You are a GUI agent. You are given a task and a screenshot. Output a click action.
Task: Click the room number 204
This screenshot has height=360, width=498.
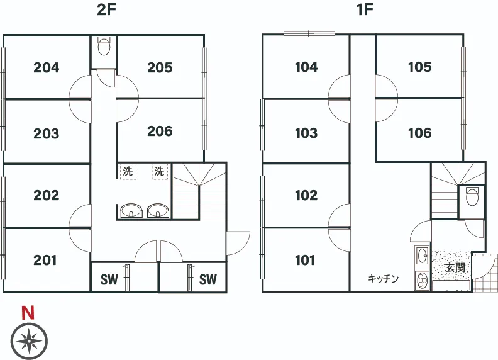[47, 67]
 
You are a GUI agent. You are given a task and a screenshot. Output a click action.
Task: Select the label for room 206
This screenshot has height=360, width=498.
[160, 131]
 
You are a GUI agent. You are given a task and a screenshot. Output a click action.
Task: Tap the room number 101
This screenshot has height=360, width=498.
[305, 260]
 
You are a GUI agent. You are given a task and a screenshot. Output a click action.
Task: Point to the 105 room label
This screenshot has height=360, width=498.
[419, 67]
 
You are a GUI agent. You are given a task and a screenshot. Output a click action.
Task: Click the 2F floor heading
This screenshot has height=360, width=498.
[106, 10]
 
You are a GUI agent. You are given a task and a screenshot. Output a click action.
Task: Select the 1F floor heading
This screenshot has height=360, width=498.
[365, 10]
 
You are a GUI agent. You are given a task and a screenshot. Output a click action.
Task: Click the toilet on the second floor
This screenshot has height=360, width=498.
[104, 47]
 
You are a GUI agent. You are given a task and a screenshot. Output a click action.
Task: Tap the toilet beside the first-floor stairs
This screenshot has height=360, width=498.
[472, 197]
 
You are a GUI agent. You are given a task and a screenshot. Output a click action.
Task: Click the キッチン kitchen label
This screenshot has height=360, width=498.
[383, 279]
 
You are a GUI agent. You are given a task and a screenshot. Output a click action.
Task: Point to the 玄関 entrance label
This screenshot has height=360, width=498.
[455, 267]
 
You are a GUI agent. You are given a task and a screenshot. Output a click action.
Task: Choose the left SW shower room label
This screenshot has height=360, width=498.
[109, 279]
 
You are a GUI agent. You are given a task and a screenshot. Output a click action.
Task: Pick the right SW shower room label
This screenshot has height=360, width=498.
[208, 279]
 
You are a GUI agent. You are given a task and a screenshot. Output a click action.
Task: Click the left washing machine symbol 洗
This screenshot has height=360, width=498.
[128, 172]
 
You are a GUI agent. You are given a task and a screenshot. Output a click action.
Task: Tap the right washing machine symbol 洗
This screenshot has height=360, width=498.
[160, 172]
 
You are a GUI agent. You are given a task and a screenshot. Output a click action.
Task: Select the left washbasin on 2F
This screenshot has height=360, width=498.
[131, 211]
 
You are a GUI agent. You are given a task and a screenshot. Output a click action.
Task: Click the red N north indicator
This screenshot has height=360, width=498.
[28, 313]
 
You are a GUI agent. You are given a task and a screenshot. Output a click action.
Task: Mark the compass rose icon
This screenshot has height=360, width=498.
[29, 341]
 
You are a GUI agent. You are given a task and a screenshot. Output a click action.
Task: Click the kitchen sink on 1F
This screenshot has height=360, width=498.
[423, 256]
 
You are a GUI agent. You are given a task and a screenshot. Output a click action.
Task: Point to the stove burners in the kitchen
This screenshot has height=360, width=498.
[423, 280]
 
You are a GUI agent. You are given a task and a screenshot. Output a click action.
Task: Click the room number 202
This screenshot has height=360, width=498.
[47, 195]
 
